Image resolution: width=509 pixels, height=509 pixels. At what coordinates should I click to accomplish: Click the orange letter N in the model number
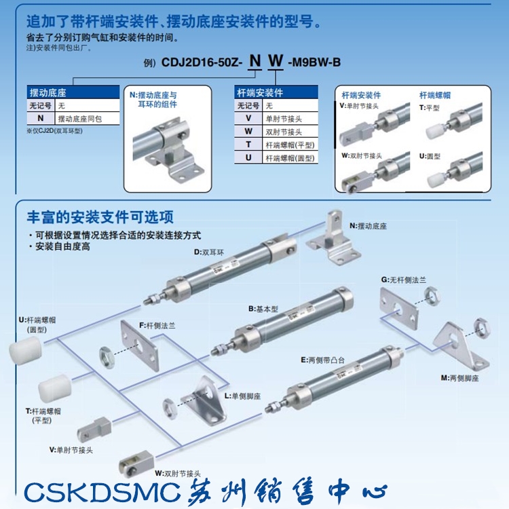(x=255, y=62)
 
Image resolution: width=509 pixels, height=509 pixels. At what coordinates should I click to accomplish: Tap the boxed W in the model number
(x=276, y=62)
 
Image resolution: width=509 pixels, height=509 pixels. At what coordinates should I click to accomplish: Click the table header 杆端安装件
(x=260, y=93)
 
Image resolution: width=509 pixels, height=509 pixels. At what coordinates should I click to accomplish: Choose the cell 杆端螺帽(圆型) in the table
(x=290, y=157)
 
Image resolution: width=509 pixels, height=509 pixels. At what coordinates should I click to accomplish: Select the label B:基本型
(x=263, y=309)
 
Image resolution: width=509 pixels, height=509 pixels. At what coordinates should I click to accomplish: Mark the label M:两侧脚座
(x=459, y=377)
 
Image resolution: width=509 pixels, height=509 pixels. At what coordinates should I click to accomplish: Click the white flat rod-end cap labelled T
(x=54, y=388)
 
